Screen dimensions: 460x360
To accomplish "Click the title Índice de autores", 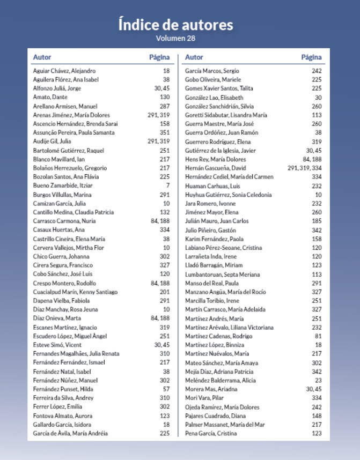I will pos(175,25).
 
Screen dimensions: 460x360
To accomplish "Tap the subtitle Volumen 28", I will pos(175,39).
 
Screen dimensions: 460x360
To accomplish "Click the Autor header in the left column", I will pos(42,57).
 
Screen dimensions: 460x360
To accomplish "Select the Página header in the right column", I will pos(311,57).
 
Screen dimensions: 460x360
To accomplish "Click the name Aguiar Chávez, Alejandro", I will pos(64,71).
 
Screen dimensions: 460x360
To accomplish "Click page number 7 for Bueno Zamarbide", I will pos(167,186).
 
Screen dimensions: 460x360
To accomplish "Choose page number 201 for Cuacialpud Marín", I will pos(164,292).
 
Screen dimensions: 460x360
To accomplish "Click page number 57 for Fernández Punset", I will pos(166,389).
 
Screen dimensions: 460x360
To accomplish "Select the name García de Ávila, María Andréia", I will pos(71,433).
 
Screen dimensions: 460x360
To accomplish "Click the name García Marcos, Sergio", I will pos(212,71).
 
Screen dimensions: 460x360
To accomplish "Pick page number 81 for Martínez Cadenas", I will pos(318,336).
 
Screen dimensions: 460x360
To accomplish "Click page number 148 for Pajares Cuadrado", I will pos(317,416).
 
